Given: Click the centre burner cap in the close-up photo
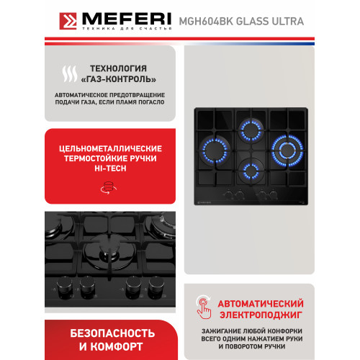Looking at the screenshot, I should (x=106, y=253).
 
